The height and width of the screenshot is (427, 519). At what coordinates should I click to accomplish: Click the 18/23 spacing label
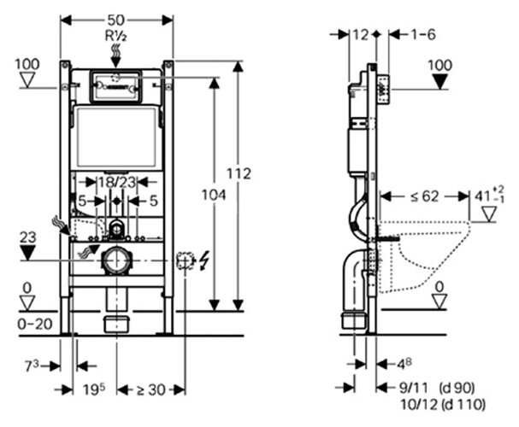click(116, 183)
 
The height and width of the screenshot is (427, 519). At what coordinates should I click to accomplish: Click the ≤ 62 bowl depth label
click(425, 196)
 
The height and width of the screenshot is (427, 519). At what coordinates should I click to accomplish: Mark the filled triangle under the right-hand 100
click(440, 82)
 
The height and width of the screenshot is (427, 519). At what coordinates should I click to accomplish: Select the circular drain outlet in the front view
click(116, 260)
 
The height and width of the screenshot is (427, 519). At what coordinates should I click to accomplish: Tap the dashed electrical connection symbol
click(183, 260)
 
